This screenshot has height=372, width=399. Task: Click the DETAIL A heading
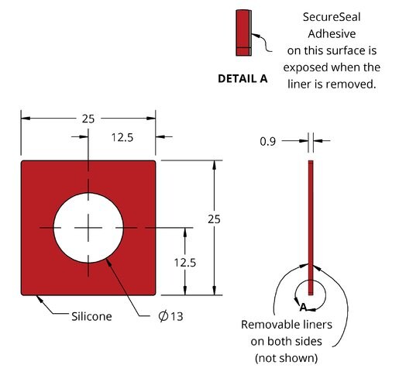(242, 78)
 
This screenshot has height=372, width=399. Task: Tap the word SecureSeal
(332, 17)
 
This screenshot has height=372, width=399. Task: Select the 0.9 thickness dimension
(268, 141)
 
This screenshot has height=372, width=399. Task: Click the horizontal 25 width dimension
(88, 119)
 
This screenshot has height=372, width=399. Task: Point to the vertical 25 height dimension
(214, 219)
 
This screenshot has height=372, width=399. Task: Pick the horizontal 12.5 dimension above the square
(122, 137)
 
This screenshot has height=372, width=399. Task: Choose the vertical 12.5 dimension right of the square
(185, 263)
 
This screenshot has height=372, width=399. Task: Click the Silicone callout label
(91, 316)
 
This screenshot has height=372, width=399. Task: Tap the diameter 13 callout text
(170, 316)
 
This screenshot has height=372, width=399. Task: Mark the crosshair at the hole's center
(88, 228)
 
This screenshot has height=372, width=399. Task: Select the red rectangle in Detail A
(242, 33)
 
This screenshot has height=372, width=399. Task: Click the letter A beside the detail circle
(303, 308)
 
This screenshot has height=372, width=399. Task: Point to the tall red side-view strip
(311, 228)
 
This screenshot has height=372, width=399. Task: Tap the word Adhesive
(332, 34)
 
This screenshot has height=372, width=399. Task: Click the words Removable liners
(287, 325)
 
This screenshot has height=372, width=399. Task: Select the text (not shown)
(287, 358)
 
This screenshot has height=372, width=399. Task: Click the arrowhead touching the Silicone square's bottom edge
(40, 299)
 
